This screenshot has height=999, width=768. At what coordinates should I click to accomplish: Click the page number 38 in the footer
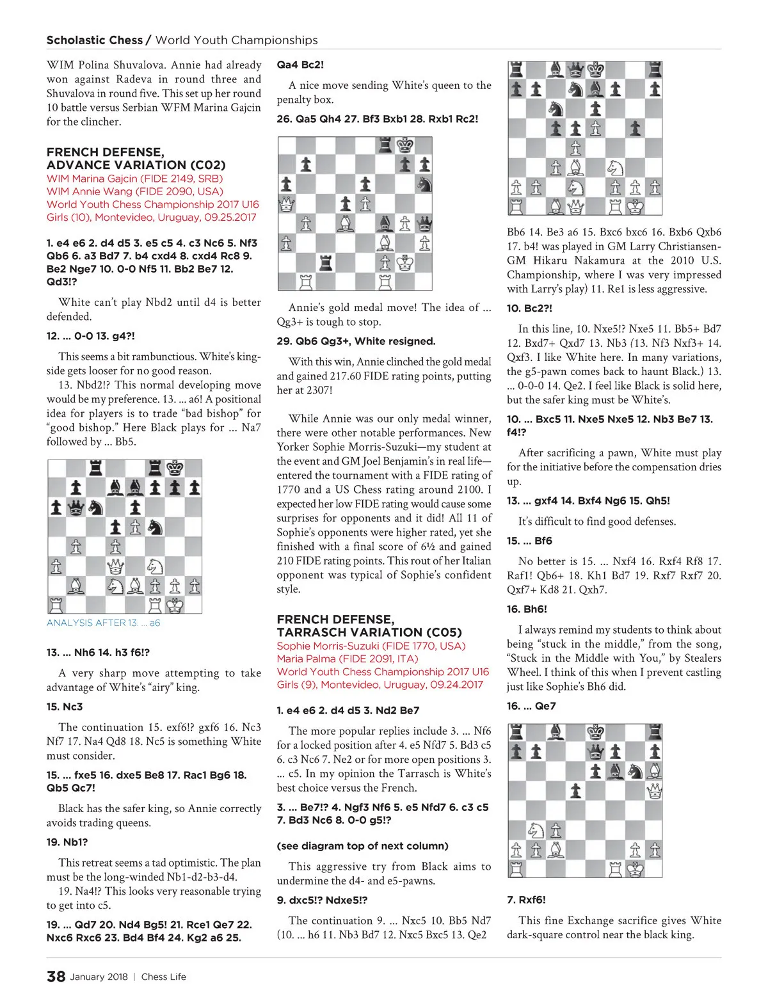pyautogui.click(x=56, y=976)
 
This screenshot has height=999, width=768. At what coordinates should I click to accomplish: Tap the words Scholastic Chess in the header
pyautogui.click(x=94, y=40)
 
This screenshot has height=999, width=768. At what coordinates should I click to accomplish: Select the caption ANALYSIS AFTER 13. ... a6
pyautogui.click(x=103, y=623)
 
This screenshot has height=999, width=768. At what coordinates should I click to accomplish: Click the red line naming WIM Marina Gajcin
pyautogui.click(x=134, y=179)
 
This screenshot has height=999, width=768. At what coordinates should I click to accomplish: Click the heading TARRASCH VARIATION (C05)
pyautogui.click(x=369, y=632)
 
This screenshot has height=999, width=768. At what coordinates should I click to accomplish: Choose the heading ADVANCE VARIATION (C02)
pyautogui.click(x=136, y=165)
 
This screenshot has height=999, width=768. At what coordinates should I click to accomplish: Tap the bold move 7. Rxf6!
pyautogui.click(x=526, y=899)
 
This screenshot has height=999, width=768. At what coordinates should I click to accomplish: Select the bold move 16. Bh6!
pyautogui.click(x=527, y=609)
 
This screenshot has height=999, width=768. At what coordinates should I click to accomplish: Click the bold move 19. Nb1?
pyautogui.click(x=67, y=842)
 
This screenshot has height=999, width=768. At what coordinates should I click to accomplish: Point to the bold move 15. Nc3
pyautogui.click(x=65, y=707)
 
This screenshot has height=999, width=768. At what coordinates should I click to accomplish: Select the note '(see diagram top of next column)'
pyautogui.click(x=362, y=845)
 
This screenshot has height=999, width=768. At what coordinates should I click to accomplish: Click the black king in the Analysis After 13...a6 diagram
pyautogui.click(x=175, y=468)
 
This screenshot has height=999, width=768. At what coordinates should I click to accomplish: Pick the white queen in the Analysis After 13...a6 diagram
pyautogui.click(x=116, y=566)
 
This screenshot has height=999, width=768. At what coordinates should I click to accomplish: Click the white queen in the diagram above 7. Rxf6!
pyautogui.click(x=653, y=791)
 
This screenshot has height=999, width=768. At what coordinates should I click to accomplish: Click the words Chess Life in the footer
pyautogui.click(x=163, y=977)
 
